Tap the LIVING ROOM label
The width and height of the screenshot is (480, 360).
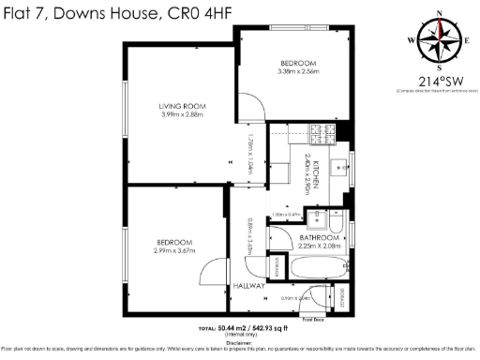coord(182,106)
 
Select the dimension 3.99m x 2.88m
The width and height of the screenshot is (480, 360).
coord(182,115)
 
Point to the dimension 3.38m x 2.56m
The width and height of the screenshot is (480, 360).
coord(299,71)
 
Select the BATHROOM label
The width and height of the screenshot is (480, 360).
coord(319,239)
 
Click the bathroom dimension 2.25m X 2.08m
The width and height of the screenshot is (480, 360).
coord(319,247)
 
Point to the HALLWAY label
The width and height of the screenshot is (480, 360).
coord(248,285)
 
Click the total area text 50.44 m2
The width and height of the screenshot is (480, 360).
coord(232,328)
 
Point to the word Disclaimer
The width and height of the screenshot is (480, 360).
coord(239,343)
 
